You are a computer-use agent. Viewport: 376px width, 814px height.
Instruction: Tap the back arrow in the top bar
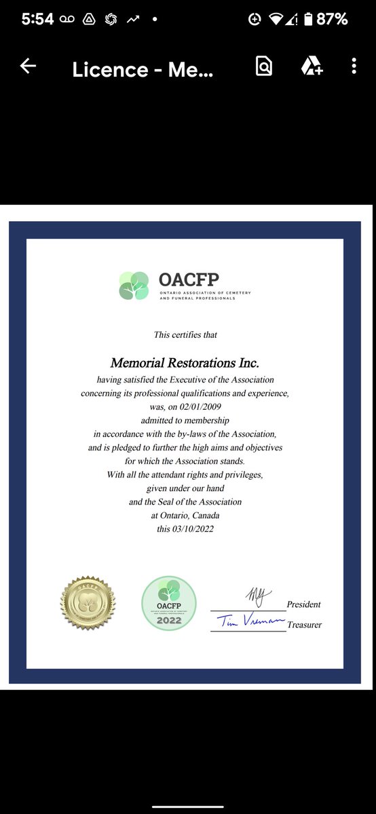28,66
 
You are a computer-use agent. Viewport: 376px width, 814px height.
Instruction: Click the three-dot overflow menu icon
354,66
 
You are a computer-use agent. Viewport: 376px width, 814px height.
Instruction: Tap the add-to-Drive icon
311,66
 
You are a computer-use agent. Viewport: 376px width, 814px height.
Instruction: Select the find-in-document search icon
263,66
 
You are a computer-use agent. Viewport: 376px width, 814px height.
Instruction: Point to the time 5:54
37,20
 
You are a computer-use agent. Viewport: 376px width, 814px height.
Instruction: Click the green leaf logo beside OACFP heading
134,286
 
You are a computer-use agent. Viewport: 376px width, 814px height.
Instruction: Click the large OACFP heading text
189,279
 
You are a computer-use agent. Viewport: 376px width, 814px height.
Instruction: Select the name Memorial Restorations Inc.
185,364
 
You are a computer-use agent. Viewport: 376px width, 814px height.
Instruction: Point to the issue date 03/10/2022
194,529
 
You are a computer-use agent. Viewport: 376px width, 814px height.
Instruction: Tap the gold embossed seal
88,603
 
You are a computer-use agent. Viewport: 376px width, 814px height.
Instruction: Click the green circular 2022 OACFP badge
169,603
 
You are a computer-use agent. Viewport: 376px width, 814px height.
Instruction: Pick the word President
303,604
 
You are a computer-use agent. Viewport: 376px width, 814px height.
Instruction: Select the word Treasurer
304,625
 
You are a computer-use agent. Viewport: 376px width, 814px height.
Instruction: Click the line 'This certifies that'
185,334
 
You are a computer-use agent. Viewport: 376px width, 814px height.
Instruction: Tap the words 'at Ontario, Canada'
185,516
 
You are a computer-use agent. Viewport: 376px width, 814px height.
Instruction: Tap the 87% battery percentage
333,20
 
